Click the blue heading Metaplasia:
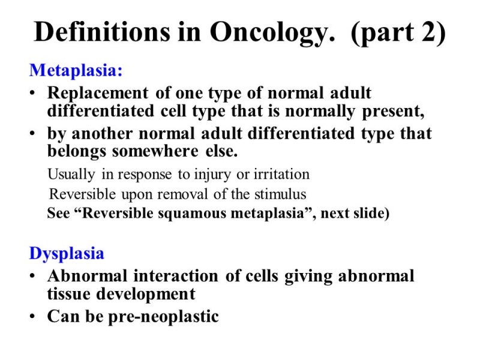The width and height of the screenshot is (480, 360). (76, 70)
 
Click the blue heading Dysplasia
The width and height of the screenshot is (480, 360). (67, 253)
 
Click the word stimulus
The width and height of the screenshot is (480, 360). (282, 194)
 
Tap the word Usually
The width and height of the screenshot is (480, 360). (71, 175)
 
